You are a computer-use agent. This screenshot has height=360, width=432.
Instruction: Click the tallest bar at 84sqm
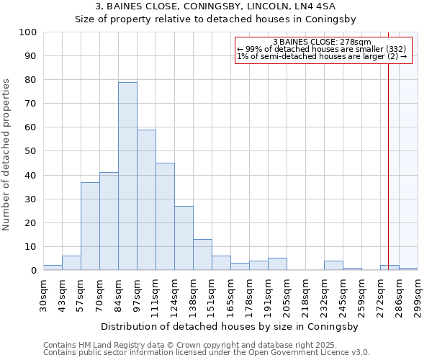127,176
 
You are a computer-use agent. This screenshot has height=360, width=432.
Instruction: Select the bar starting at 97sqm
146,200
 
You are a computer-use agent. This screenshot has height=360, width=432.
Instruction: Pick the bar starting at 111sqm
165,217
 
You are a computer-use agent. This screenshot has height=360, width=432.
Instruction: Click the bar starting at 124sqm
184,238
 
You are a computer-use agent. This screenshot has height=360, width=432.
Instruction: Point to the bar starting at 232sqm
333,266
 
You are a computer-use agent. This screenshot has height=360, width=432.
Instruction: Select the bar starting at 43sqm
71,264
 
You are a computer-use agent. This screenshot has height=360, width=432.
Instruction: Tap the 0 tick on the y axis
34,271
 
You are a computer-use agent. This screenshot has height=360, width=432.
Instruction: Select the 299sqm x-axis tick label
418,296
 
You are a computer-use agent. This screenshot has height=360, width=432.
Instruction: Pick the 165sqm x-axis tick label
230,296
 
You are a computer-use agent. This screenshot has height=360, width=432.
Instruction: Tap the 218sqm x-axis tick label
305,296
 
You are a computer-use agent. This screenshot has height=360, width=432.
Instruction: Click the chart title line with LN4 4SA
216,6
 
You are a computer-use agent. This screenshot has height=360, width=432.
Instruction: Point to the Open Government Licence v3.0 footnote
207,352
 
